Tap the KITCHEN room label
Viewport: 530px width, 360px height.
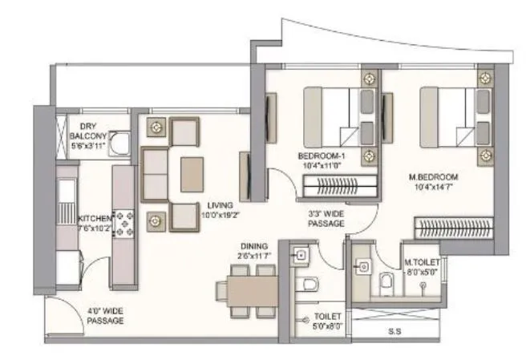click(x=95, y=218)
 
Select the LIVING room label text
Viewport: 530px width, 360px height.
click(x=216, y=205)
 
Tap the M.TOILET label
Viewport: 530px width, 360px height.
click(x=422, y=262)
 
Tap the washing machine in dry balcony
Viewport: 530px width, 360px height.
click(x=120, y=145)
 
